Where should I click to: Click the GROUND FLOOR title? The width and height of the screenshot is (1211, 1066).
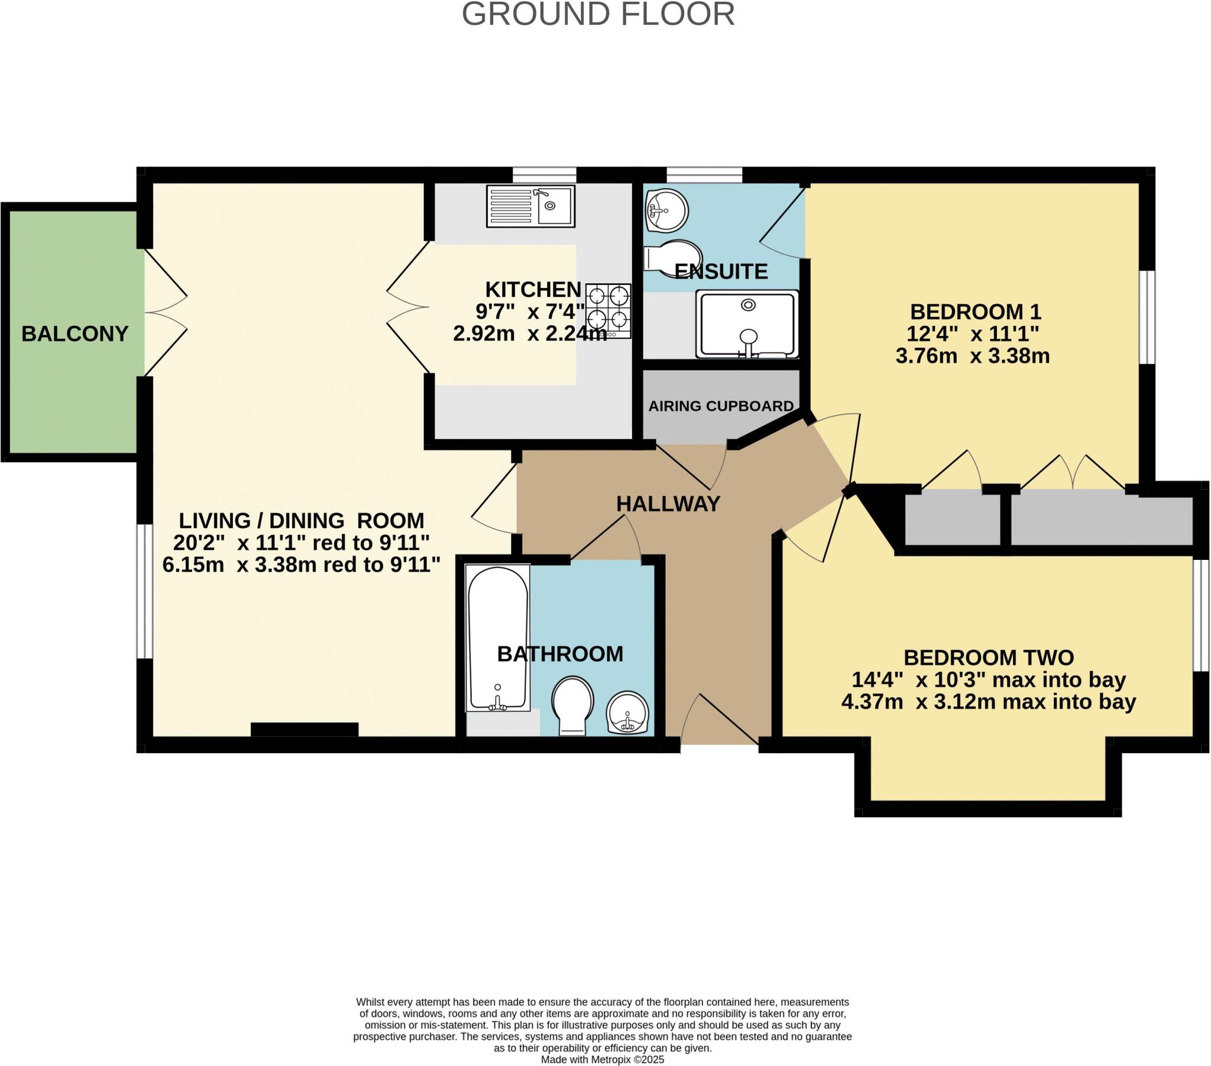(598, 14)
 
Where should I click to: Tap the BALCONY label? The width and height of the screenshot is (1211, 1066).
(75, 333)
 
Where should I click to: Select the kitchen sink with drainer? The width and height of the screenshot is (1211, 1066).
(530, 206)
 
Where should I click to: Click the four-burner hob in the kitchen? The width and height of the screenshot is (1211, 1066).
(608, 310)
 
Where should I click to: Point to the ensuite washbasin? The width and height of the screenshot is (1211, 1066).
(666, 210)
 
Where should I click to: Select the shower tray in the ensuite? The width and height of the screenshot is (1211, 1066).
(747, 325)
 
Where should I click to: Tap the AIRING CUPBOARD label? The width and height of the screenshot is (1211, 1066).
(720, 406)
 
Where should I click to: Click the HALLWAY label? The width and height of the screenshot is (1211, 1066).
(668, 504)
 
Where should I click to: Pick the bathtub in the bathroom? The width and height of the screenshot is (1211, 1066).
(497, 639)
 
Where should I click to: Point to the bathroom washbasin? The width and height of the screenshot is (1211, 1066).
(627, 713)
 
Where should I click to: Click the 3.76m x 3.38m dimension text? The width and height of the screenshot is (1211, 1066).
(972, 356)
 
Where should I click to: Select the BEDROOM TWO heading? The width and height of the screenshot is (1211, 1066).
(988, 657)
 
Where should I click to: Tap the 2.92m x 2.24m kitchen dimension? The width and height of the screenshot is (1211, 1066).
(530, 334)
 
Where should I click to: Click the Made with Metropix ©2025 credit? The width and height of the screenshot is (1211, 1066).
(602, 1059)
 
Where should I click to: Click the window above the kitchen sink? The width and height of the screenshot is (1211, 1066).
(544, 175)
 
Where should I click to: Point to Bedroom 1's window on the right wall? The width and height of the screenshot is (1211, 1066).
(1148, 317)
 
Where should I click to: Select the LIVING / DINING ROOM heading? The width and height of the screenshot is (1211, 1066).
(302, 520)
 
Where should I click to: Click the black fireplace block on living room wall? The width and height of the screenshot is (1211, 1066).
(305, 730)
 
